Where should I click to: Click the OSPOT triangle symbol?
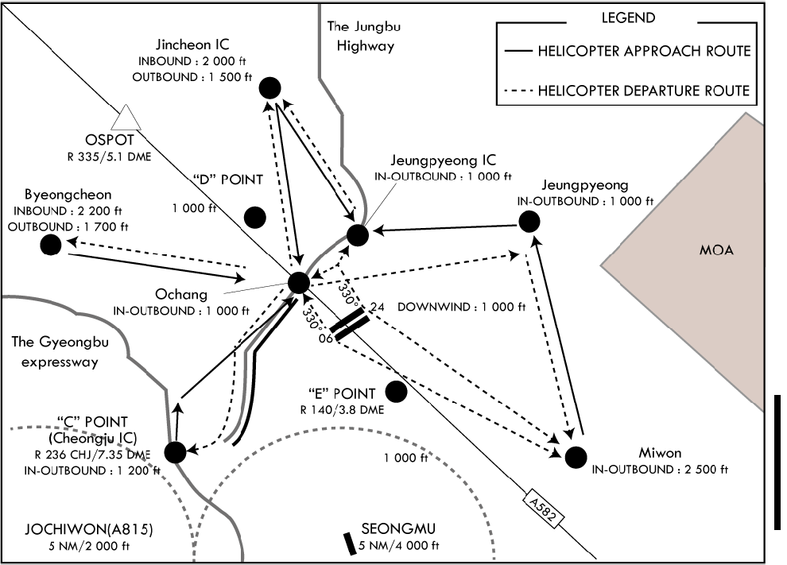tap(126, 118)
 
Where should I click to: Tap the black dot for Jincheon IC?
tap(270, 88)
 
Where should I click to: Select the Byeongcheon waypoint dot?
tap(51, 245)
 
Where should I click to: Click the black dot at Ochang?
tap(299, 282)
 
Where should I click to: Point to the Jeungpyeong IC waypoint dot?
tap(357, 235)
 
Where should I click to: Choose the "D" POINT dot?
tap(255, 216)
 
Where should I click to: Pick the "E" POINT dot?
tap(395, 392)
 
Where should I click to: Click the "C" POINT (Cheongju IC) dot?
tap(175, 451)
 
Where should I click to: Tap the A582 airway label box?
tap(545, 508)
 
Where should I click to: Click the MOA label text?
tap(716, 251)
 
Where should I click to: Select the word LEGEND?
tap(629, 17)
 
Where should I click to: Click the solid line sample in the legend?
tap(518, 52)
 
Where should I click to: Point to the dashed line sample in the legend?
tap(518, 91)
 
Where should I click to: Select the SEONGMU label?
tap(399, 529)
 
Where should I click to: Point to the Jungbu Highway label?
tap(365, 37)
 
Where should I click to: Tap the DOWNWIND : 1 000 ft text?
tap(462, 307)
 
